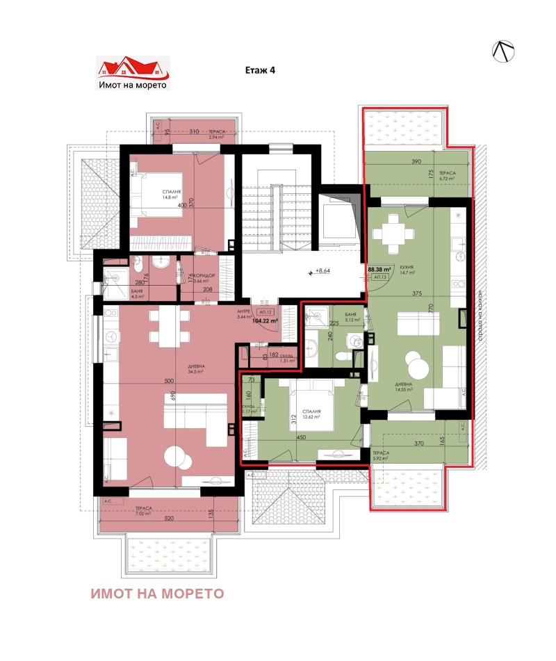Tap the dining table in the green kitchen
(394, 235)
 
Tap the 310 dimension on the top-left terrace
(194, 131)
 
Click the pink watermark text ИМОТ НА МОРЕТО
(157, 594)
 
